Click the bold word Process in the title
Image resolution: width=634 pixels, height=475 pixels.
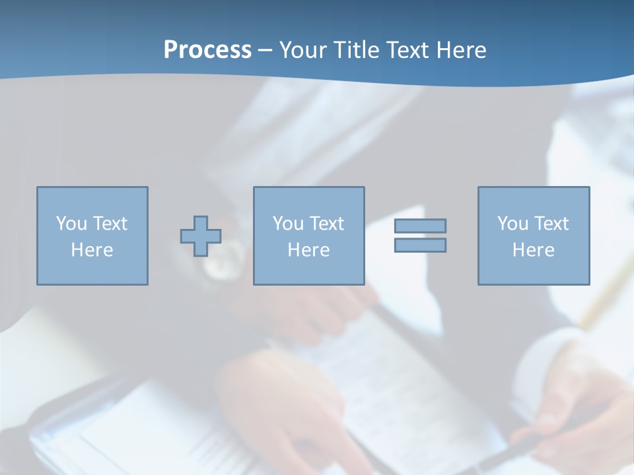(207, 50)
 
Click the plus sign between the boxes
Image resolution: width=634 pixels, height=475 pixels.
(201, 236)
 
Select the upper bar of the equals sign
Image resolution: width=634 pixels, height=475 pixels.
(420, 226)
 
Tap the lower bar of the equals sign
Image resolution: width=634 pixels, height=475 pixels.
(420, 245)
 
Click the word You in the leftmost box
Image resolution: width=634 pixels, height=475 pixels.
(71, 224)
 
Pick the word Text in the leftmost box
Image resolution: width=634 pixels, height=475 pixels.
(110, 224)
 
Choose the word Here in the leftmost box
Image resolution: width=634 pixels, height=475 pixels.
(92, 250)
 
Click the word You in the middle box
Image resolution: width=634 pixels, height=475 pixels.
(288, 224)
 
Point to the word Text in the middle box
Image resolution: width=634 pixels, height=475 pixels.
(326, 224)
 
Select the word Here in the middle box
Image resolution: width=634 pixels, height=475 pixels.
(309, 250)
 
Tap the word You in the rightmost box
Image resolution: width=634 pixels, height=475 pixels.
(512, 224)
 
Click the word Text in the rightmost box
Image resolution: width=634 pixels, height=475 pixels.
(551, 224)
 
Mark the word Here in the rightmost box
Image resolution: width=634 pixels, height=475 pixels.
(534, 250)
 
